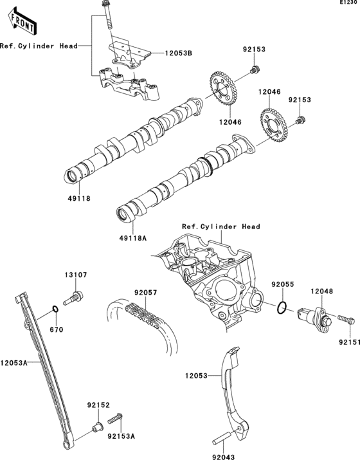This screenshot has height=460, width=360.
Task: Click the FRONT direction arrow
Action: [x=22, y=21]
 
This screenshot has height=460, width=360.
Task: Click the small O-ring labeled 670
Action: [x=56, y=313]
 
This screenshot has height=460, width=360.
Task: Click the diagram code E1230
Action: [x=350, y=4]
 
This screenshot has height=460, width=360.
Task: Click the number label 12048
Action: [x=322, y=291]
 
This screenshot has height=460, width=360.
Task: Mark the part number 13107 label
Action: [x=75, y=275]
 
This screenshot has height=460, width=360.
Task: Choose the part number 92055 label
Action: [x=282, y=283]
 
